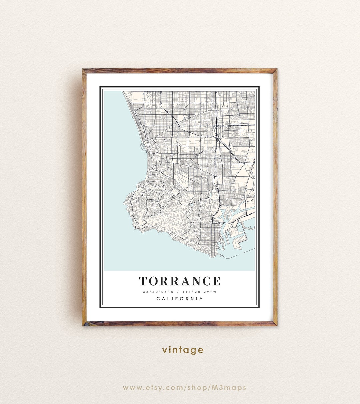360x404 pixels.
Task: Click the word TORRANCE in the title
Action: [x=180, y=281]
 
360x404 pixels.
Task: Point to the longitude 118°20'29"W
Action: [x=199, y=292]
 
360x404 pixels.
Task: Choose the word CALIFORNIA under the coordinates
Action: [x=180, y=299]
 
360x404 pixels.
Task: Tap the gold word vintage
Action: [x=183, y=350]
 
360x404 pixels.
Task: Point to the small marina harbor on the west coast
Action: [x=143, y=146]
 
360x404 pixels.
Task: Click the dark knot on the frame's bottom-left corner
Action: [x=85, y=323]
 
